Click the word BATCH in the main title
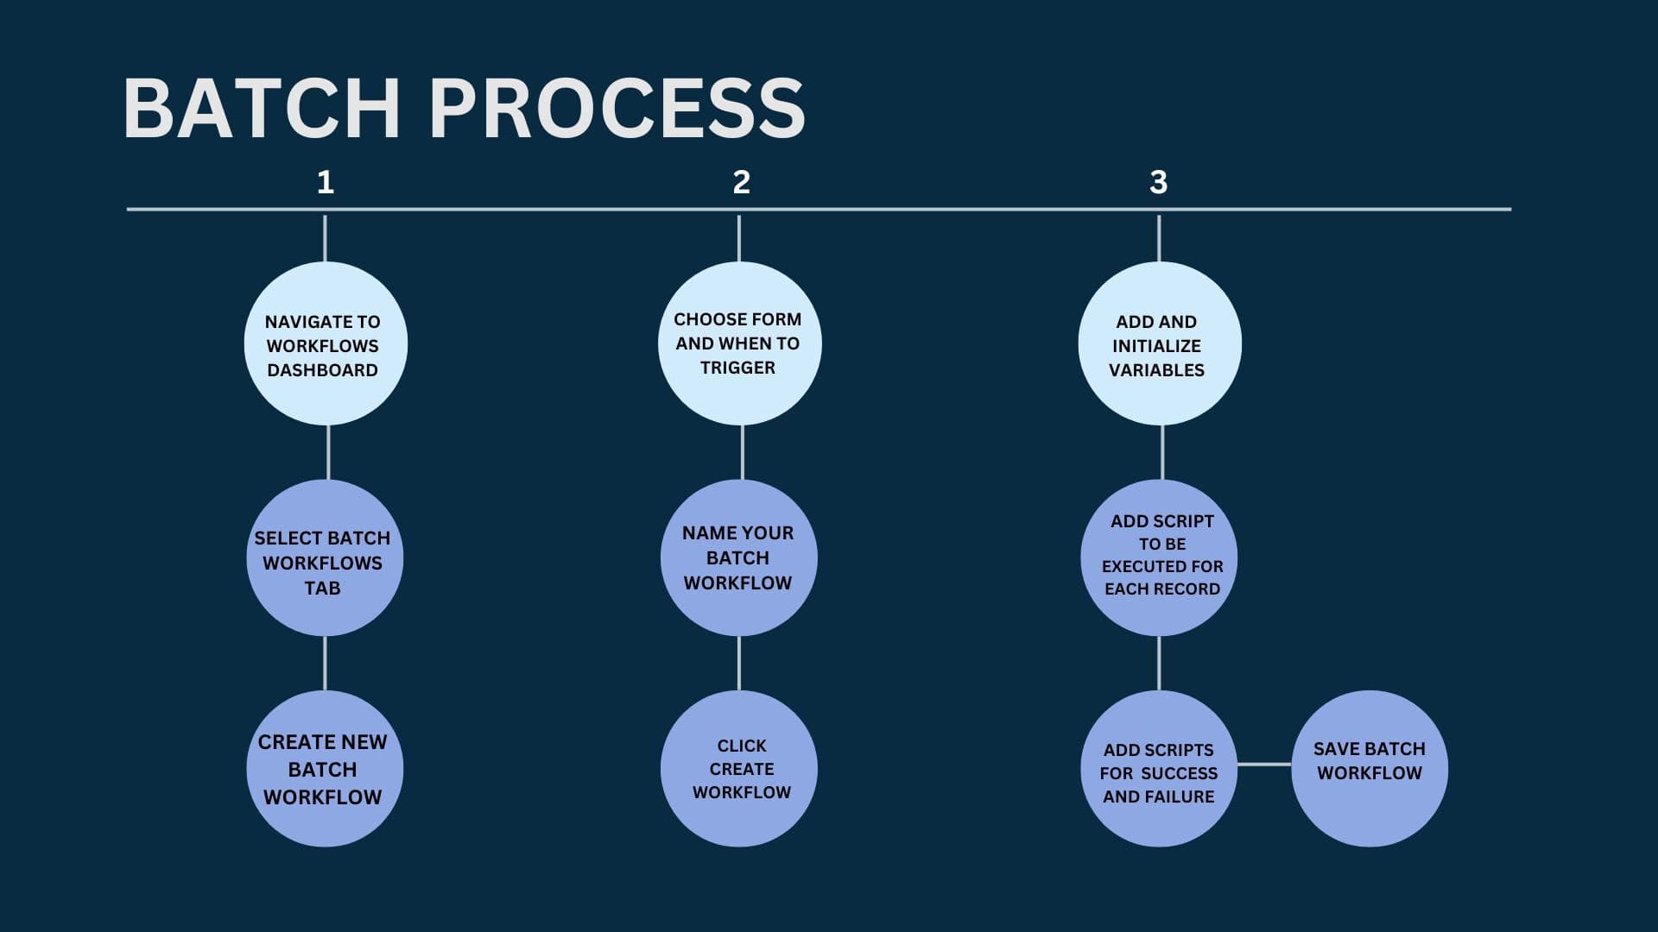(262, 108)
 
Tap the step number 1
(325, 182)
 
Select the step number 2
(741, 182)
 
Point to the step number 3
(1158, 182)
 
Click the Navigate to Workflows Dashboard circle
(326, 343)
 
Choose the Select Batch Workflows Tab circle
(325, 557)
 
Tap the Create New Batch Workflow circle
(325, 768)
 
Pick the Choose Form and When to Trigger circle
(739, 343)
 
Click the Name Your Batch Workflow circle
(738, 557)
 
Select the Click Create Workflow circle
(738, 768)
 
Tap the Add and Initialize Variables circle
(1159, 343)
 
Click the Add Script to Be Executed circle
(1159, 557)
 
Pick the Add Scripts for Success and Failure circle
(1159, 768)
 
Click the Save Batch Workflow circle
(1370, 768)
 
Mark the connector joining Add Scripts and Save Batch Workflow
(1264, 764)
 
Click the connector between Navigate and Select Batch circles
(328, 452)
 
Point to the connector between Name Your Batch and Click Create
(739, 664)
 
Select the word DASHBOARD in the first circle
(322, 370)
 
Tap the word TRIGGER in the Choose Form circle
(737, 368)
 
